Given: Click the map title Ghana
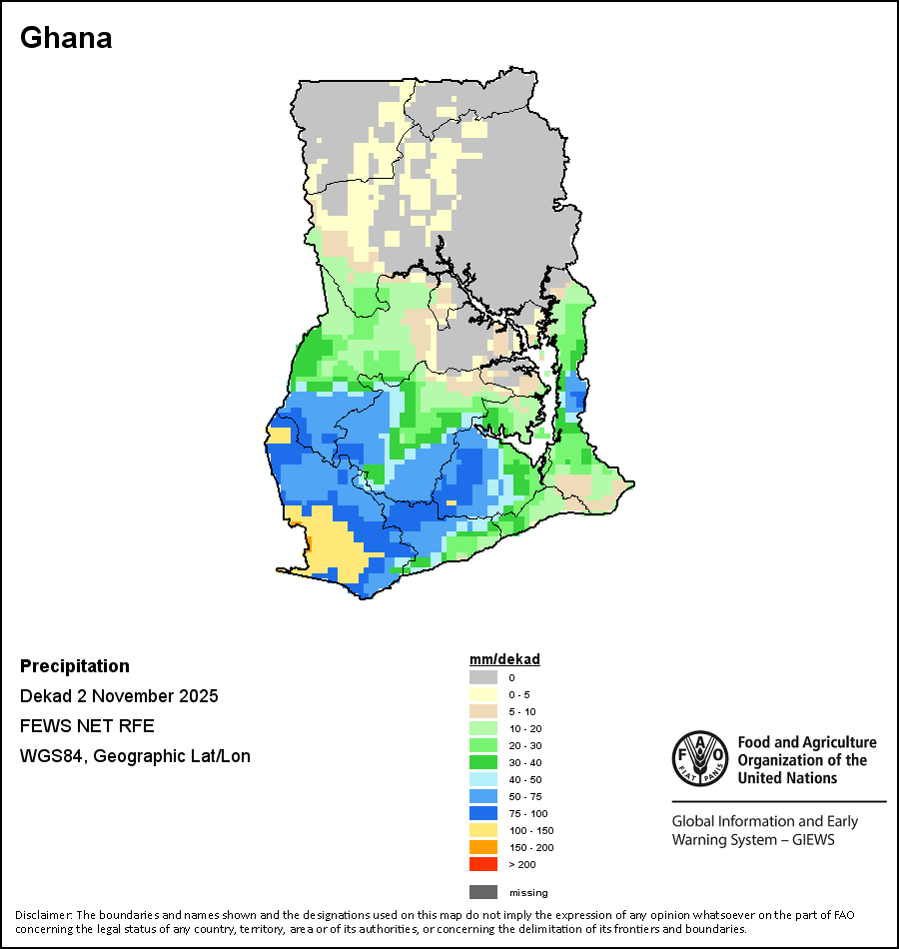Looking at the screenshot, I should tap(66, 38).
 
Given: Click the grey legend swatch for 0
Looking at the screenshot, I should tap(484, 677).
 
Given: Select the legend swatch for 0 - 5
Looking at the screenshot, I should tap(484, 694).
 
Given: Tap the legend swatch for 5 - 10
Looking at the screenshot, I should tap(484, 711).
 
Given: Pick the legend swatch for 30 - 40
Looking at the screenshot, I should tap(484, 762).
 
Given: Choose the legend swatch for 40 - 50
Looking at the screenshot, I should tap(484, 779).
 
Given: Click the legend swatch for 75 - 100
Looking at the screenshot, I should tap(484, 813).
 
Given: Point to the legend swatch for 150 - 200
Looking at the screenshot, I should tap(484, 847).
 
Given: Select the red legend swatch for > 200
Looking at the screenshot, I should tap(484, 864).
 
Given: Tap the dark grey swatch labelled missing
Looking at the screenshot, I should tap(484, 892).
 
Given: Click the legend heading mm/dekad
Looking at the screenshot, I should tap(504, 659).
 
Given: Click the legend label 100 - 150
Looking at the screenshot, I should tap(531, 830).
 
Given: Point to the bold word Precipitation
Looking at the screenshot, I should tap(75, 666).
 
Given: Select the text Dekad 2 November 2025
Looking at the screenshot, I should tap(119, 696).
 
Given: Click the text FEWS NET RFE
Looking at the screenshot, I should tap(87, 726).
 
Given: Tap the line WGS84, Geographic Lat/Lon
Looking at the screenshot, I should tap(135, 756).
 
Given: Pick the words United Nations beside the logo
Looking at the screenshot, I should tap(787, 777).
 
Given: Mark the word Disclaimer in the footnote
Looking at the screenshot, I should tap(43, 915).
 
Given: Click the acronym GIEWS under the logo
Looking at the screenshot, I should tap(813, 840).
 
